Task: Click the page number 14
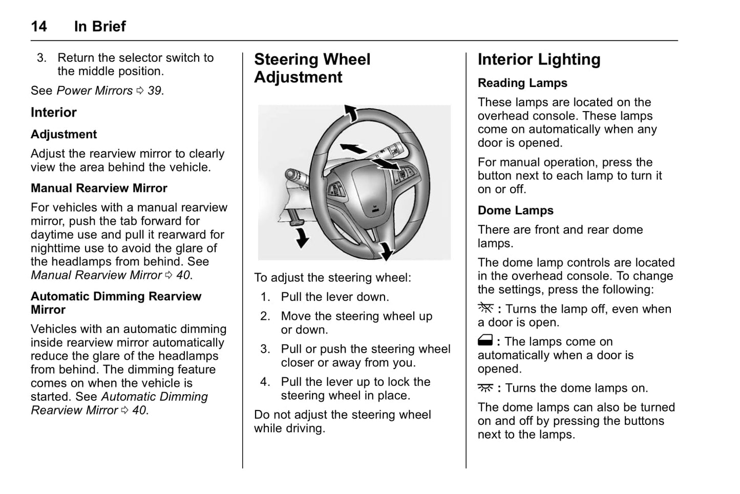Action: click(39, 27)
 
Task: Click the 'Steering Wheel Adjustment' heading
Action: click(312, 68)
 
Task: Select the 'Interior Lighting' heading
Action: click(539, 59)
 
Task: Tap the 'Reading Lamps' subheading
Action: click(522, 83)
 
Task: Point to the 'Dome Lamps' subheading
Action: click(515, 210)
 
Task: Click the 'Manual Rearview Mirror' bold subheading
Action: click(99, 188)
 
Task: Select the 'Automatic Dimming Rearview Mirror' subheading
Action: click(116, 303)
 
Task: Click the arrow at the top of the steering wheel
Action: click(351, 113)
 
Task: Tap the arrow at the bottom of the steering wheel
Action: click(386, 251)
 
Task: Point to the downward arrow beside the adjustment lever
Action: click(303, 238)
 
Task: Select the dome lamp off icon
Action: click(485, 308)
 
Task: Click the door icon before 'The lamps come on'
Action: click(485, 341)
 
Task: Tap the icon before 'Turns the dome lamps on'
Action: click(485, 388)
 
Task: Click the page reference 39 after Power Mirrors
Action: click(155, 91)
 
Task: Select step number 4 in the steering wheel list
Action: click(265, 382)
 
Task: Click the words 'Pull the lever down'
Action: click(334, 297)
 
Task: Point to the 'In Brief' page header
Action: click(100, 27)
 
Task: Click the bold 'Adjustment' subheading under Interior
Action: click(64, 135)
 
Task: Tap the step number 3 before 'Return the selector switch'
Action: click(41, 58)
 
